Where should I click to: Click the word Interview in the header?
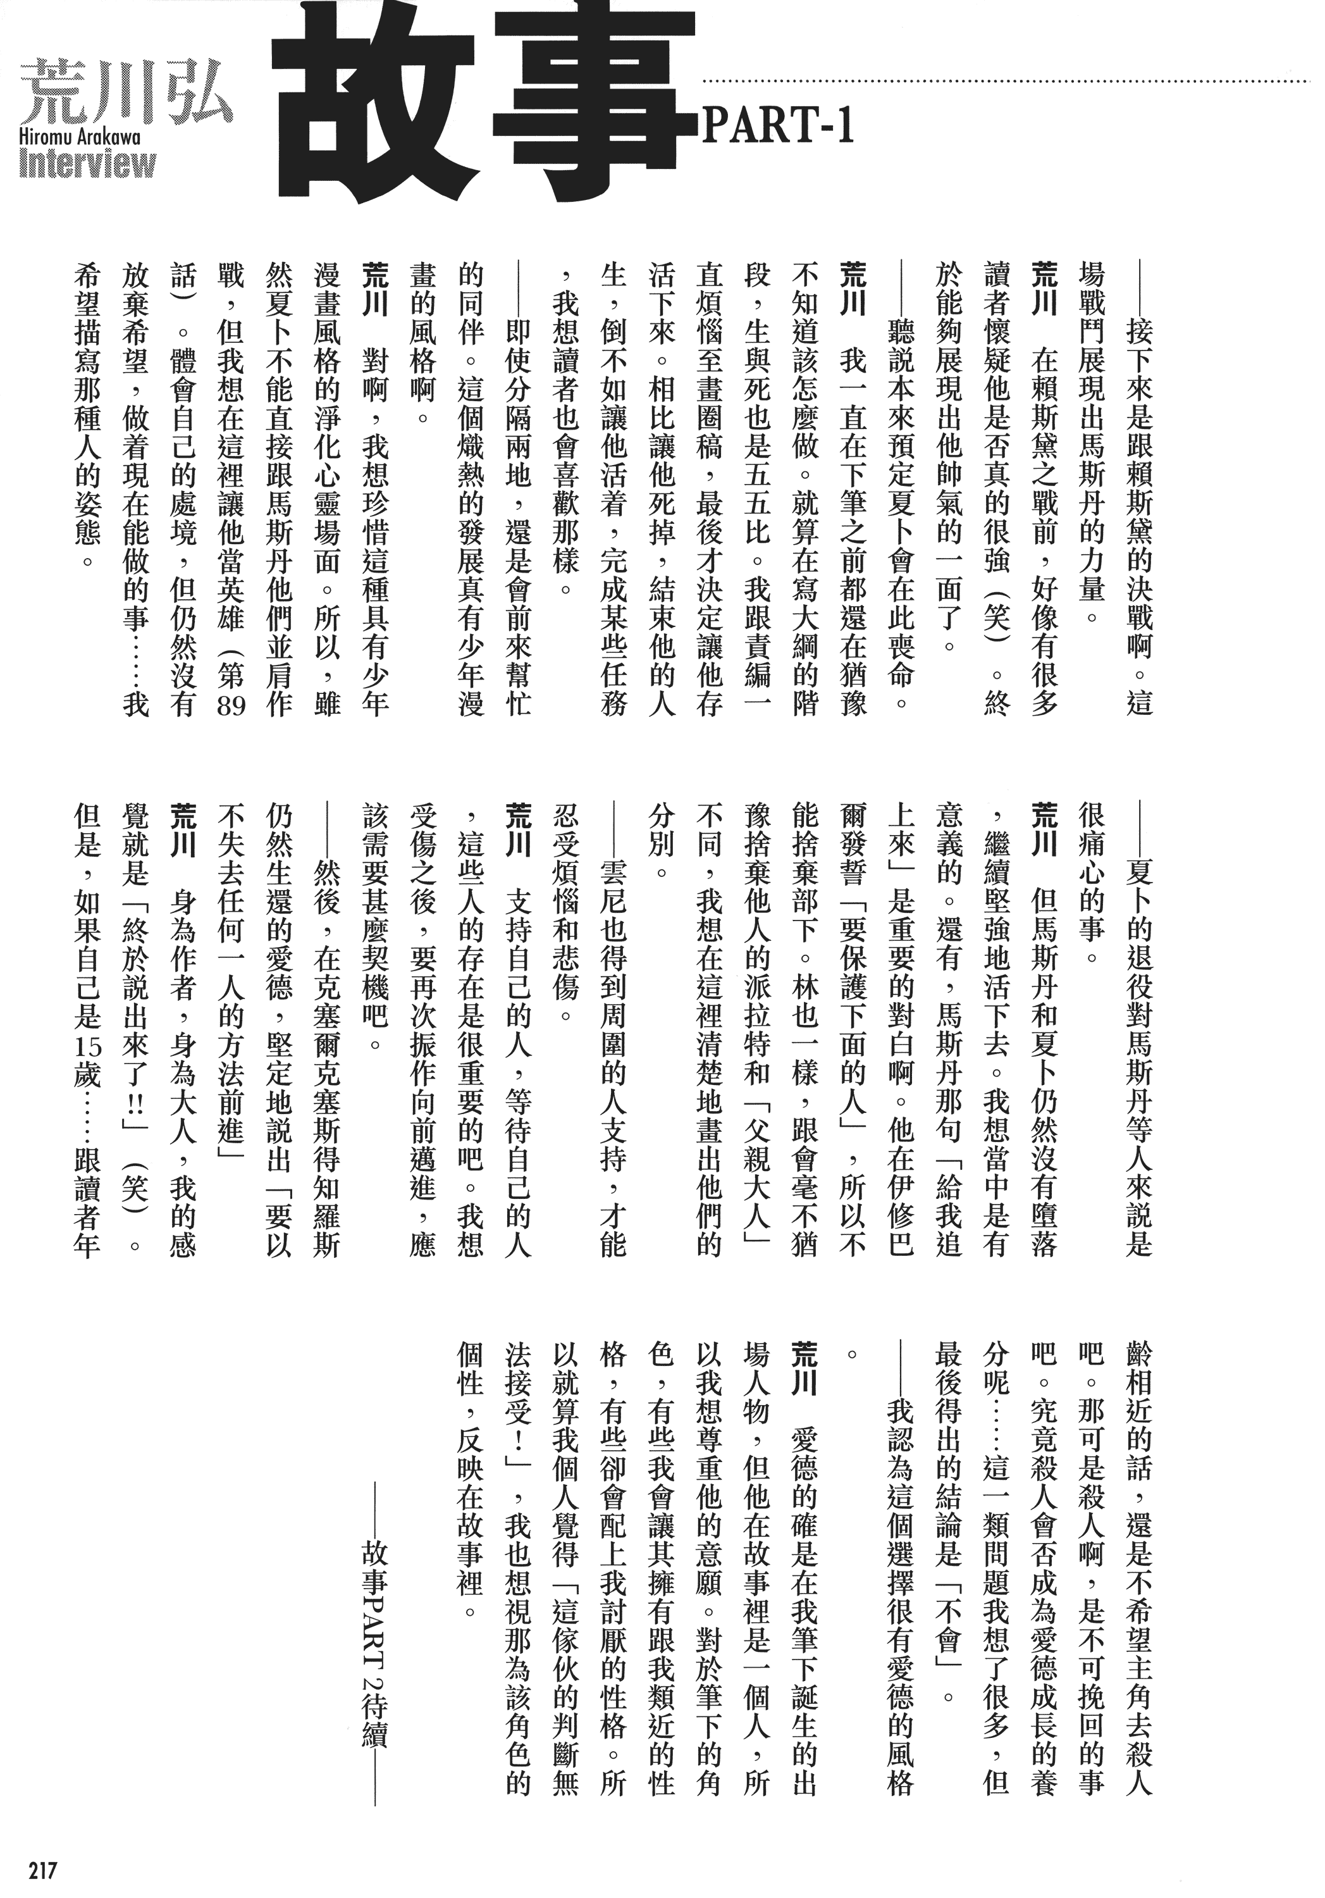click(88, 164)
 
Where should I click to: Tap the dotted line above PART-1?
click(1004, 82)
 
